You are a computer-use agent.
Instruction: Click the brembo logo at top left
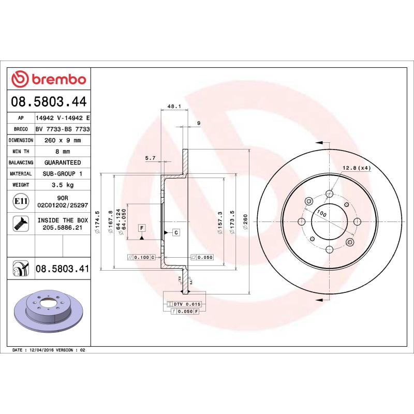click(49, 79)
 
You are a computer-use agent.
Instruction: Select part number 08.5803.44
click(49, 100)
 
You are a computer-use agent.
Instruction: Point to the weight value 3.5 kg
click(63, 185)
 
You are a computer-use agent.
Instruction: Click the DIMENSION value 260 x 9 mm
click(63, 140)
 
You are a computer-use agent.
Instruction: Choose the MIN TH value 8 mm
click(63, 152)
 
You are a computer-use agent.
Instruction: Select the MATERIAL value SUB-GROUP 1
click(63, 174)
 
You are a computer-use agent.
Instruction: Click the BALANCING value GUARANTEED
click(63, 162)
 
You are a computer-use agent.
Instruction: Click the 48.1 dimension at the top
click(174, 107)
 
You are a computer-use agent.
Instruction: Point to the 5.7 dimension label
click(150, 158)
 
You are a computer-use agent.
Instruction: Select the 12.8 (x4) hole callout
click(357, 168)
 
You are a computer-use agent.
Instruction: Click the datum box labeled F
click(141, 228)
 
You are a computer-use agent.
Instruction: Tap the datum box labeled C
click(176, 232)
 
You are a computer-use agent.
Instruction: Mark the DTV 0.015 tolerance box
click(184, 304)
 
